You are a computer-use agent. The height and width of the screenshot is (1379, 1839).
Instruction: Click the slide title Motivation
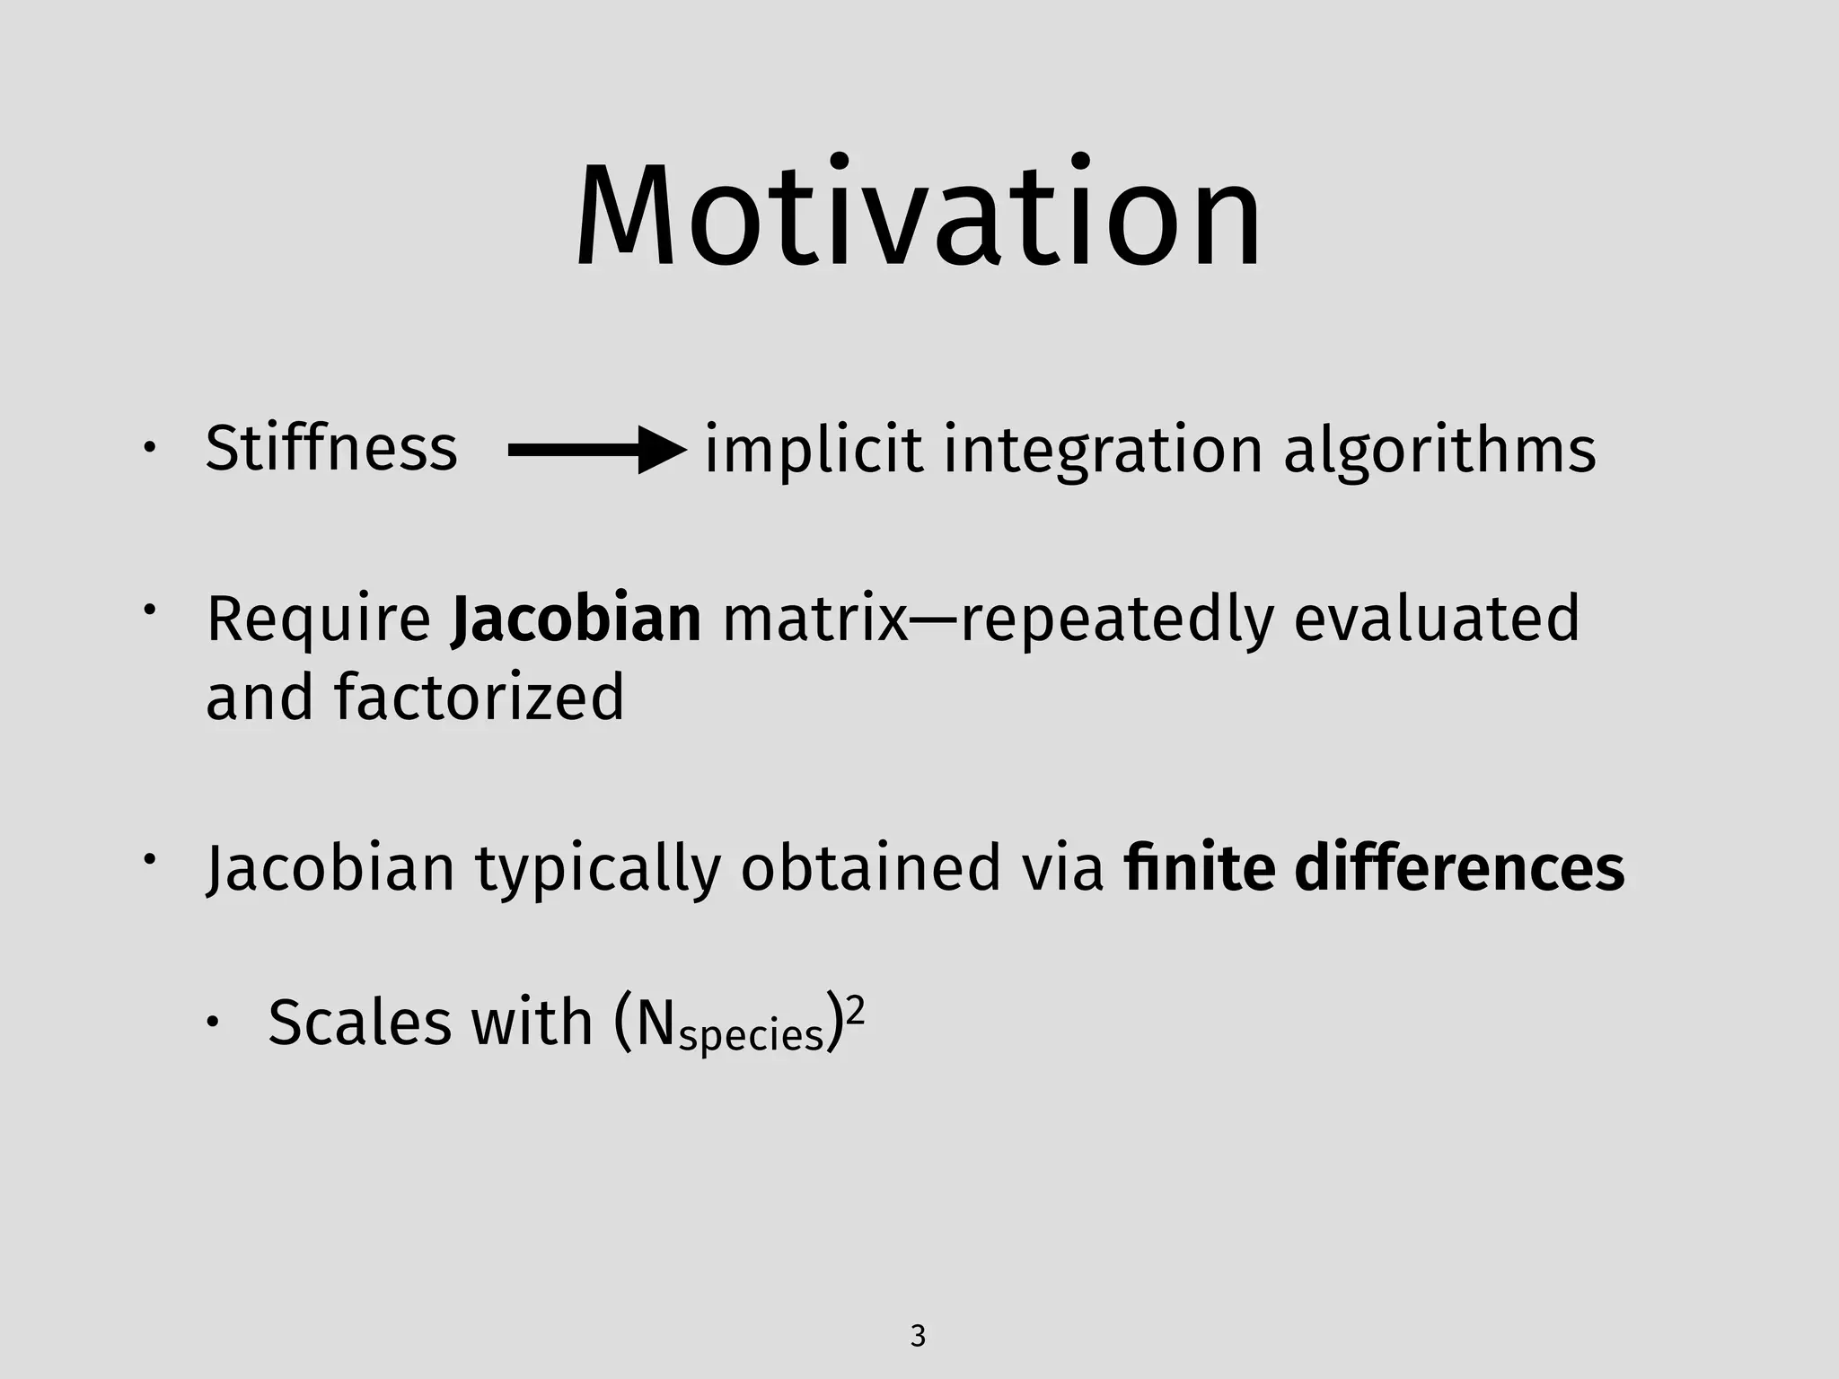918,217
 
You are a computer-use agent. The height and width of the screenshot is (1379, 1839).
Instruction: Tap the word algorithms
1439,451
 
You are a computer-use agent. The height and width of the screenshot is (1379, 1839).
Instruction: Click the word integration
1103,451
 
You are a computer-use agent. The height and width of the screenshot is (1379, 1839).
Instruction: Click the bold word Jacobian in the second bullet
576,619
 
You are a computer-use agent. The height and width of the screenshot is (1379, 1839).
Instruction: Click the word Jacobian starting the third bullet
330,868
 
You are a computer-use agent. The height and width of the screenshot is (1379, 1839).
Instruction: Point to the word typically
598,870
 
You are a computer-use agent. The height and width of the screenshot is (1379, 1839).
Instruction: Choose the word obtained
870,868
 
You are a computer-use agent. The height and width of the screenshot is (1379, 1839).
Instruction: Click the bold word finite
1199,868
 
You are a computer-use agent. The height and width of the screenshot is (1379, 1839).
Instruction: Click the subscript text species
751,1036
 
